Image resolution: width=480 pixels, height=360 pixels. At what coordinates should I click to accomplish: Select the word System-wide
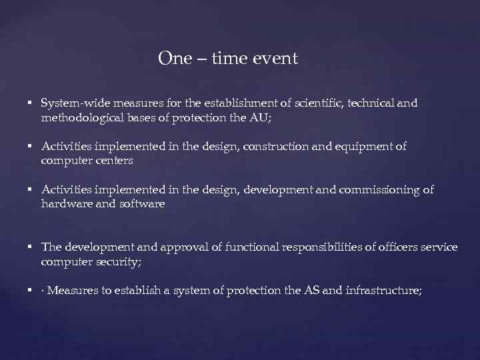pos(73,103)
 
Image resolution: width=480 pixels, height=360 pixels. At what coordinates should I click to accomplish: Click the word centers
pos(113,161)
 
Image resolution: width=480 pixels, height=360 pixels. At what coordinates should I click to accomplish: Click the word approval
pos(194,247)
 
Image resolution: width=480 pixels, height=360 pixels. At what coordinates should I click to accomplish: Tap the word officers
pos(394,247)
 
